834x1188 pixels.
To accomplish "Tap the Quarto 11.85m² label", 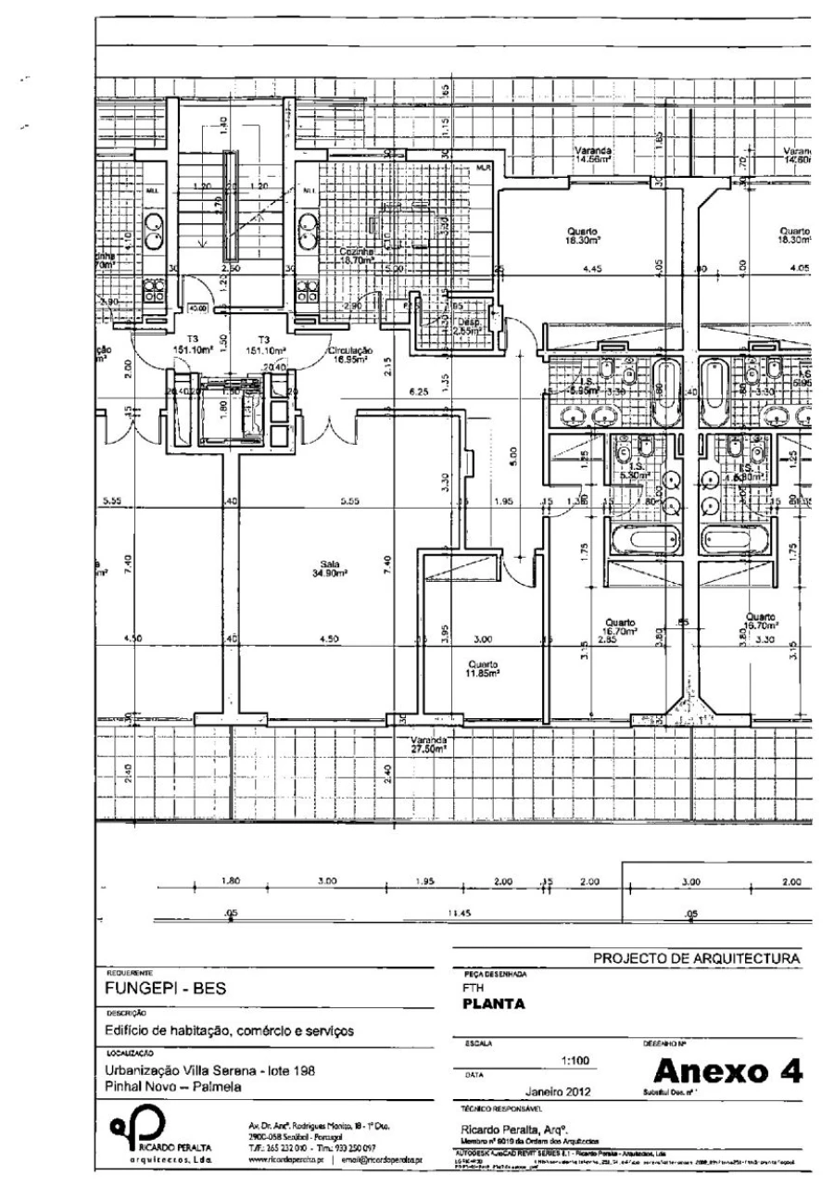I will click(484, 669).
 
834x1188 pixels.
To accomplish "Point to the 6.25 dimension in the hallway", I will click(418, 393).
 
